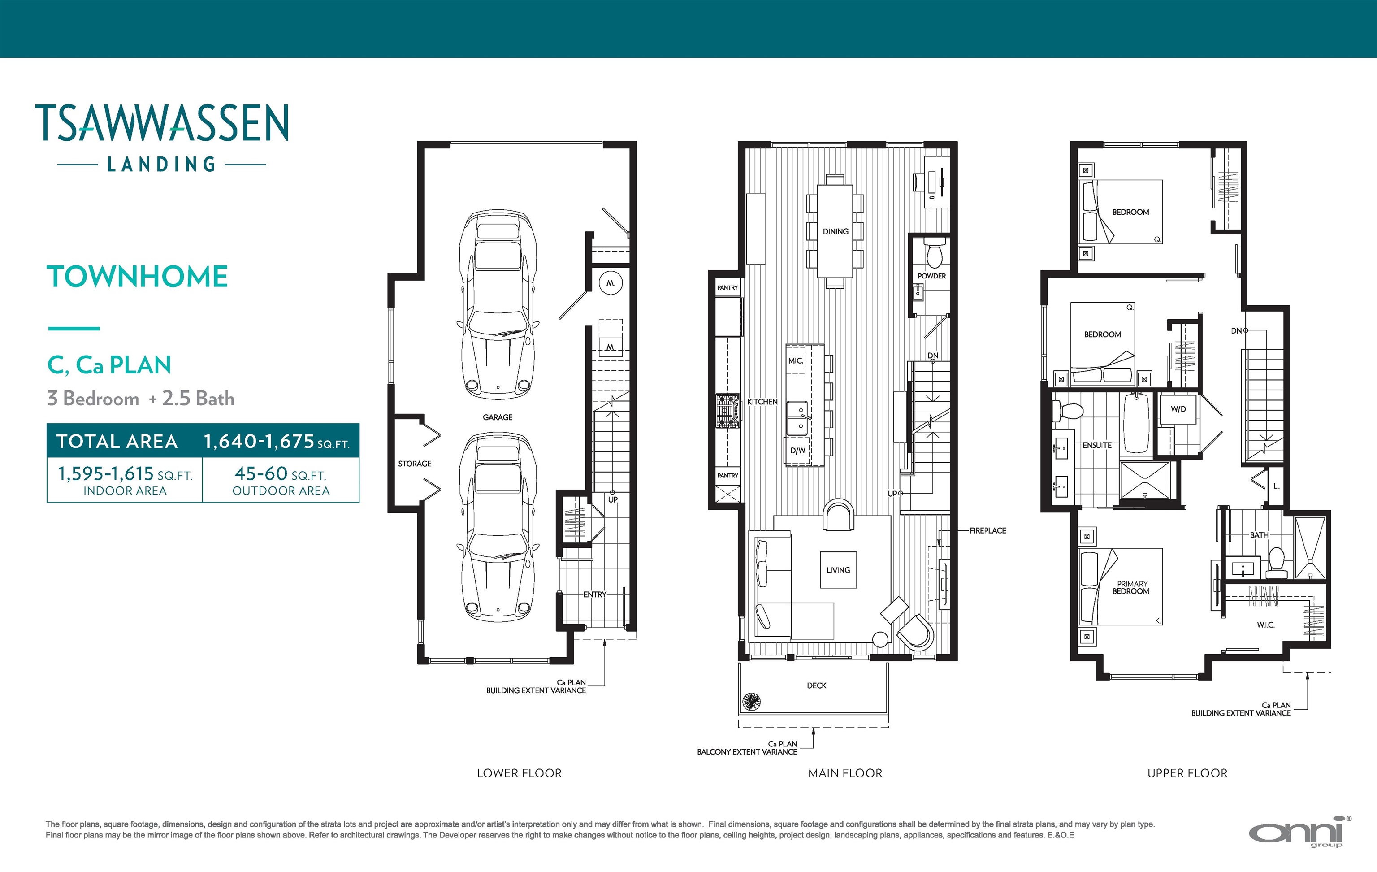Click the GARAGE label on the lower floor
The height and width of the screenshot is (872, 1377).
(x=498, y=417)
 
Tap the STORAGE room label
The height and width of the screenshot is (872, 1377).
(x=415, y=464)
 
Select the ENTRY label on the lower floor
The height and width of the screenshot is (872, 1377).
(x=595, y=594)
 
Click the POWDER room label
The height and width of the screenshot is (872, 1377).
(x=931, y=276)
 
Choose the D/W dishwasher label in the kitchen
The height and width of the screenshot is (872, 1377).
(x=798, y=451)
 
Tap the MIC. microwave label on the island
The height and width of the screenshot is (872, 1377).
(x=796, y=361)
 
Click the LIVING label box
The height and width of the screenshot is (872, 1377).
(x=838, y=570)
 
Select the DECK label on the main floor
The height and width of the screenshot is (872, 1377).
(x=817, y=685)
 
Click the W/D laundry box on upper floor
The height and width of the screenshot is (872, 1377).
(x=1178, y=409)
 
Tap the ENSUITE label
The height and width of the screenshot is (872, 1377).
(x=1097, y=445)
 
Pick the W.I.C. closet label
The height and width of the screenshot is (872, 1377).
(x=1265, y=625)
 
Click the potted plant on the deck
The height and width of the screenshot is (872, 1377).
(x=751, y=702)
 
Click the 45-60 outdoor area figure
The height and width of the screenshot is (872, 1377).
(x=261, y=473)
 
